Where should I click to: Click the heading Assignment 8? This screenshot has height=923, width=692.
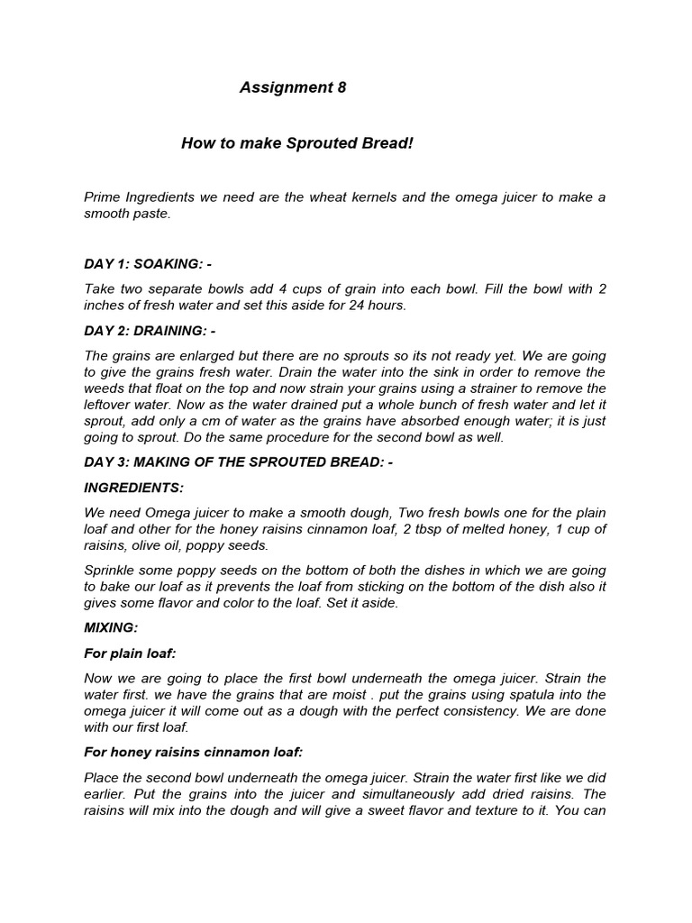[292, 87]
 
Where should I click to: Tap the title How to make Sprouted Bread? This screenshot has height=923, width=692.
[296, 143]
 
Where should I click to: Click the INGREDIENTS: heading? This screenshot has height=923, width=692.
[133, 488]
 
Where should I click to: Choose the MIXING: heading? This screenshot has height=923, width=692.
[111, 627]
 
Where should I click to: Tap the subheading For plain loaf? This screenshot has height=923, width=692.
[130, 653]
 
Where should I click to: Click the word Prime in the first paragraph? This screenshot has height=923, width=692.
[103, 196]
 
